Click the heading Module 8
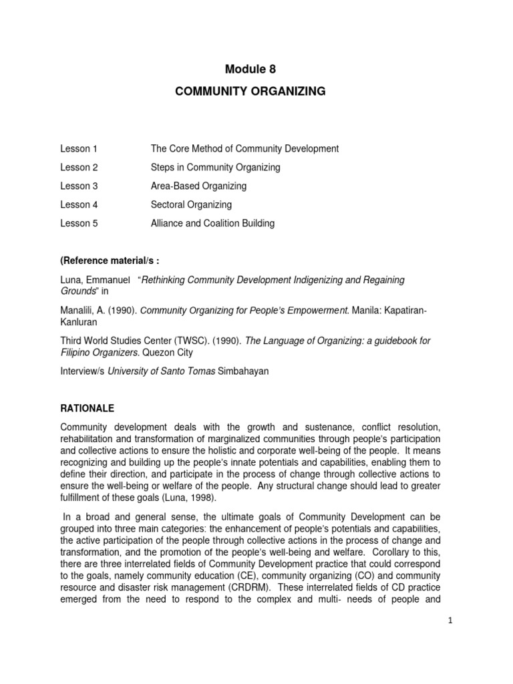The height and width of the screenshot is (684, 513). [x=250, y=69]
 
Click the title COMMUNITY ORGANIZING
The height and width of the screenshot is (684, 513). [x=250, y=92]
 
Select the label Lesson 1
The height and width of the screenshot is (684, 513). [x=79, y=149]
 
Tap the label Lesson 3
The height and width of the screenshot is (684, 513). [x=79, y=186]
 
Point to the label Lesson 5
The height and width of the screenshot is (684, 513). [x=79, y=224]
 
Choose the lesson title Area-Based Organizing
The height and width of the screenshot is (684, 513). [x=198, y=186]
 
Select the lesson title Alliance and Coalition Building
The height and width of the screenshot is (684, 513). [x=212, y=224]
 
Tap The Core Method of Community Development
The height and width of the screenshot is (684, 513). [x=244, y=149]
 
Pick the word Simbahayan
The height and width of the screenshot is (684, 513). [x=244, y=371]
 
